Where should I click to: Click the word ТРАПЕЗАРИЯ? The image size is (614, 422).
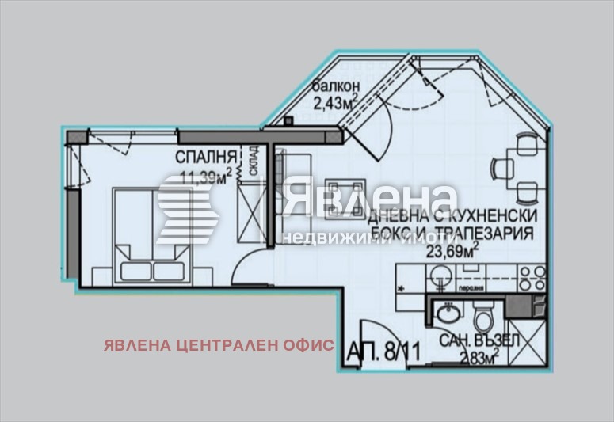point(479,234)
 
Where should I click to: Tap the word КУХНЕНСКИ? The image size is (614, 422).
point(495,215)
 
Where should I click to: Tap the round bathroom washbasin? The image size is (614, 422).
point(445,314)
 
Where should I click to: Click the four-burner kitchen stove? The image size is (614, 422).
point(530,277)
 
